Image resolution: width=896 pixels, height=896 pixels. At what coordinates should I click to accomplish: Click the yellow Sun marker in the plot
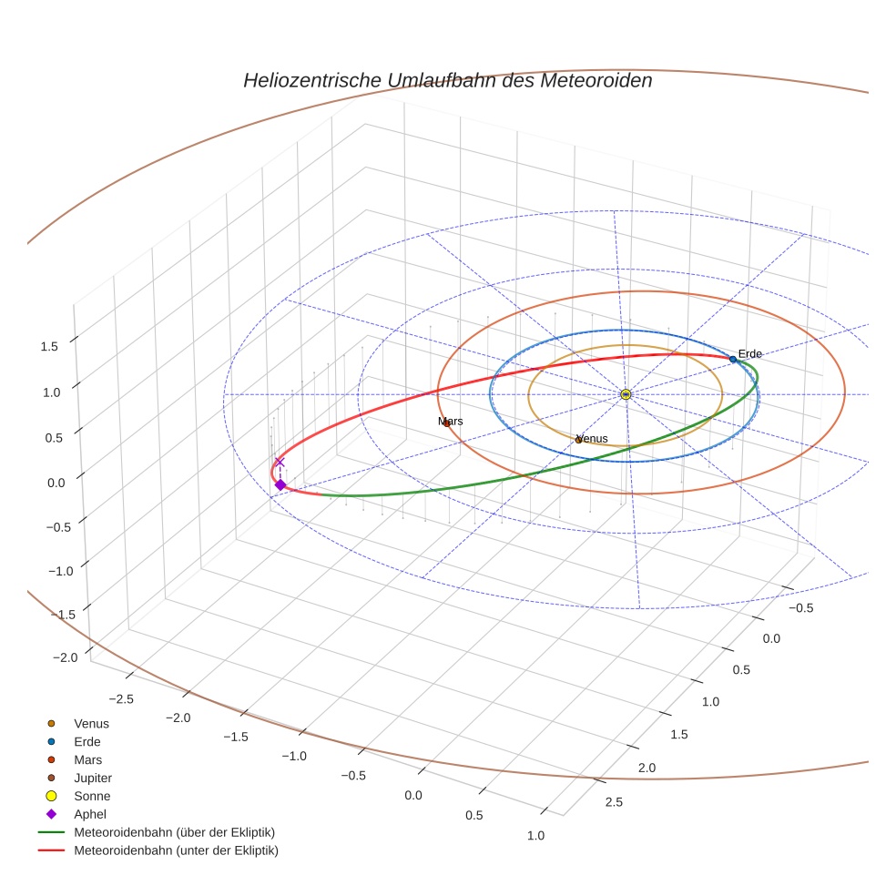(626, 394)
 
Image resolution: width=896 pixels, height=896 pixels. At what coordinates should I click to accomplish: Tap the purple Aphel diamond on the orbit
(280, 485)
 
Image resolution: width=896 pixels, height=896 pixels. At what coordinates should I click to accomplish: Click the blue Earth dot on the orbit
(733, 360)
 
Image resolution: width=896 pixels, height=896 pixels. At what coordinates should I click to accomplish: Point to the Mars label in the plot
(450, 422)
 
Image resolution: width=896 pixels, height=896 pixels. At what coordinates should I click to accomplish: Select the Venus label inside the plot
(592, 439)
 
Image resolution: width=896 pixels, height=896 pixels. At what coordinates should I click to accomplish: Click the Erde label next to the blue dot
(749, 353)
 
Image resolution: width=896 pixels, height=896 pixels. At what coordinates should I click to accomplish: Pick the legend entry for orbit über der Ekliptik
(174, 832)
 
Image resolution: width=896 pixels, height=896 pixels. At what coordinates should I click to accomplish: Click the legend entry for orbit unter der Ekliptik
(176, 850)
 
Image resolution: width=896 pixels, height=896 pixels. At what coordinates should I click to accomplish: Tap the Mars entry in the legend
(87, 759)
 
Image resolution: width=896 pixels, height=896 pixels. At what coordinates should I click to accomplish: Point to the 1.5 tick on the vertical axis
(49, 346)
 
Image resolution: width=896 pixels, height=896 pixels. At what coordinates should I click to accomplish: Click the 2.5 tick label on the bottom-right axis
(614, 801)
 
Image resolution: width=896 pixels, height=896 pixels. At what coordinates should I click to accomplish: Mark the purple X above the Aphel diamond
(280, 463)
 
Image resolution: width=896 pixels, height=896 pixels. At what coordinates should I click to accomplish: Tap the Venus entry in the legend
(91, 723)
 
